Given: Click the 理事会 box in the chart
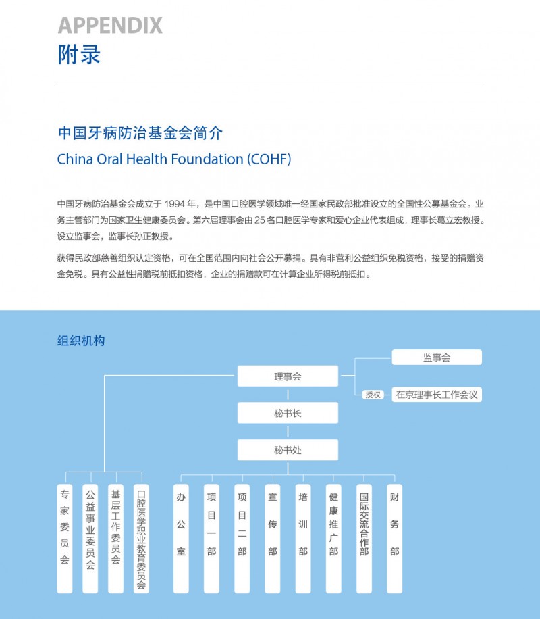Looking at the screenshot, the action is point(288,376).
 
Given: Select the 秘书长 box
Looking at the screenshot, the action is point(288,413).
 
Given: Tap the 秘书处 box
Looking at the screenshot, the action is point(288,449).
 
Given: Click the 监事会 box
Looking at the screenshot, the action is point(437,357).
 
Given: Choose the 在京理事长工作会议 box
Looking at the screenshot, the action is point(437,395).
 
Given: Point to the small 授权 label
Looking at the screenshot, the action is point(373,395).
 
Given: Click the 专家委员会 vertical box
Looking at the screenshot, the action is point(65,539).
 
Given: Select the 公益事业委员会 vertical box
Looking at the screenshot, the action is point(90,539).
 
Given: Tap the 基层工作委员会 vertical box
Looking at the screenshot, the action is point(115,539).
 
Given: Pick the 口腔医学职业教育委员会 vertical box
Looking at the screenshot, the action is point(141,539).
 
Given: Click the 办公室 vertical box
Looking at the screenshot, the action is point(181,539).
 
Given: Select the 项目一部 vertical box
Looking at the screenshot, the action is point(211,539).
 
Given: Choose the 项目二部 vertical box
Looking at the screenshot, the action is point(242,539).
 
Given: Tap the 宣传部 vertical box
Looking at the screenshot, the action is point(273,539).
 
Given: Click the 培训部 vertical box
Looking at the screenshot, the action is point(303,539).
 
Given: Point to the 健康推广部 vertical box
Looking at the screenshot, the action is point(333,539).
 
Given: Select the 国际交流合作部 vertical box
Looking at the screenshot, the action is point(364,539).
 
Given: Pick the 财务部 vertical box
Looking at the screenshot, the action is point(394,539).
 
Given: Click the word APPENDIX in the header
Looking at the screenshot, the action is point(110,26).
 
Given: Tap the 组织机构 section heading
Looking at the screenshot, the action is point(81,341).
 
